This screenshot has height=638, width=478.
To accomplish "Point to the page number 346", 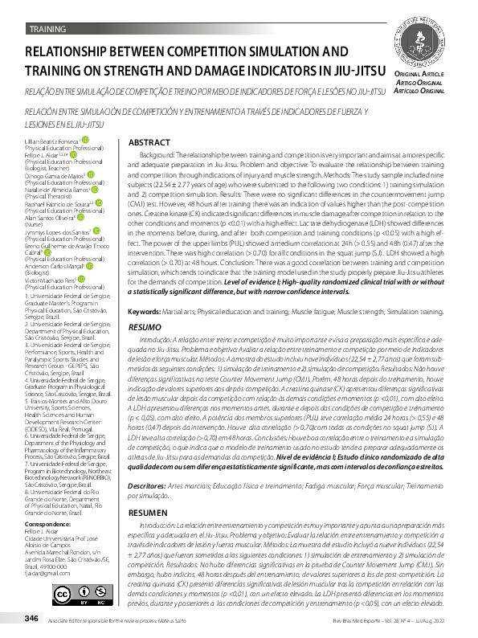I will [32, 618].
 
